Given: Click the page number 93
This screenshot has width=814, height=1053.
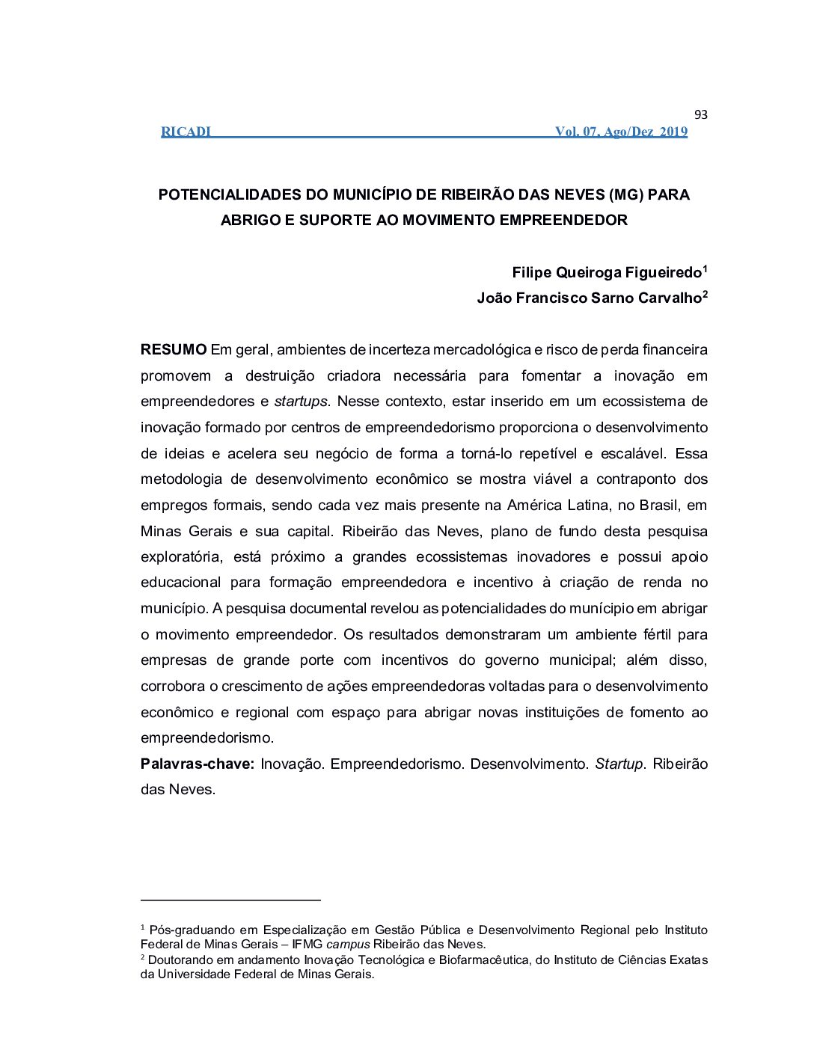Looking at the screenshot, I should click(x=700, y=114).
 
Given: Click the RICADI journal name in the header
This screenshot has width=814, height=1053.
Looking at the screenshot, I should click(x=186, y=132).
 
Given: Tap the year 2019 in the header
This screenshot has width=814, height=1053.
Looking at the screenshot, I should click(x=673, y=132).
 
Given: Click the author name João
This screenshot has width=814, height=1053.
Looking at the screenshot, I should click(x=495, y=298).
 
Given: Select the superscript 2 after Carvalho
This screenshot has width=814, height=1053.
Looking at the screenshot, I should click(x=705, y=294).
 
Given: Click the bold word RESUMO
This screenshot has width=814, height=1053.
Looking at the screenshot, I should click(x=174, y=349).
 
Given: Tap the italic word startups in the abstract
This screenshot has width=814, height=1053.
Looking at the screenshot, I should click(x=301, y=401).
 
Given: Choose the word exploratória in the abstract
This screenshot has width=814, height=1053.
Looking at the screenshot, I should click(x=181, y=556).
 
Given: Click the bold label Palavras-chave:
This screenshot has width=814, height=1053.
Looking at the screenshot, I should click(x=198, y=764).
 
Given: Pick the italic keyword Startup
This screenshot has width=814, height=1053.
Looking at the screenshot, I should click(x=619, y=764).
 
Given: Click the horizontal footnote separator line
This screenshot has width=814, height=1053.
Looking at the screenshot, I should click(x=230, y=900).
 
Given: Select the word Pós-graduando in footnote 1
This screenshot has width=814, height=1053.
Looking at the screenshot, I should click(x=191, y=930).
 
